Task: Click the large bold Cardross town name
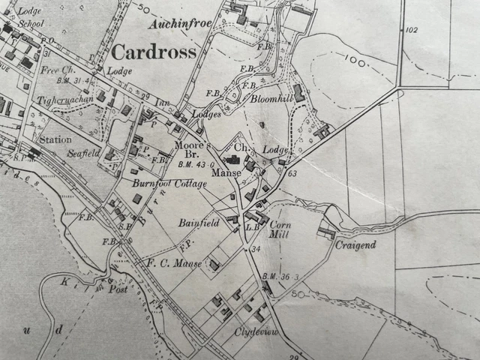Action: click(153, 52)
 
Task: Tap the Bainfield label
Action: click(198, 223)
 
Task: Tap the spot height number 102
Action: click(409, 30)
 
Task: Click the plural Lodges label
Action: click(206, 114)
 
